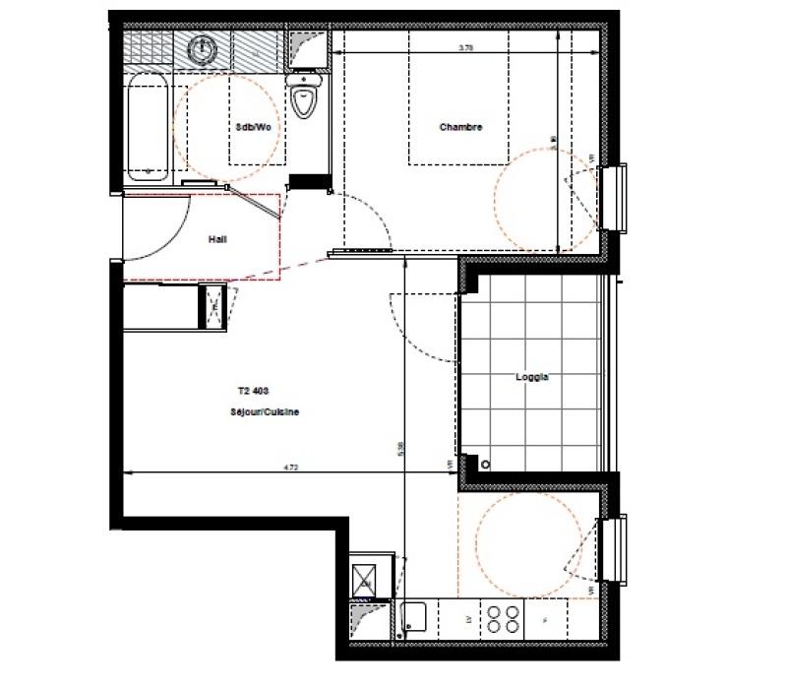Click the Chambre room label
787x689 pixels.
[x=460, y=126]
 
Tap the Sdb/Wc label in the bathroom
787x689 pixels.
[x=253, y=126]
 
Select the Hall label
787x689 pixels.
[x=217, y=238]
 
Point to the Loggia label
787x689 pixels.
[x=531, y=377]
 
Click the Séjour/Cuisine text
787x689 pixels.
[x=259, y=412]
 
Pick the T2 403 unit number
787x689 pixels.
[x=253, y=390]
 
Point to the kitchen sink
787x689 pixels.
[x=414, y=617]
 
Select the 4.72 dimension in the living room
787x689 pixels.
[x=289, y=470]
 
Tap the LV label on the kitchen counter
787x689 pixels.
[x=465, y=619]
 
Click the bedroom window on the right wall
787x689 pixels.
[x=619, y=199]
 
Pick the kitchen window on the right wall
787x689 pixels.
[x=618, y=549]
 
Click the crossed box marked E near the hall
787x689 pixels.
[x=212, y=305]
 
